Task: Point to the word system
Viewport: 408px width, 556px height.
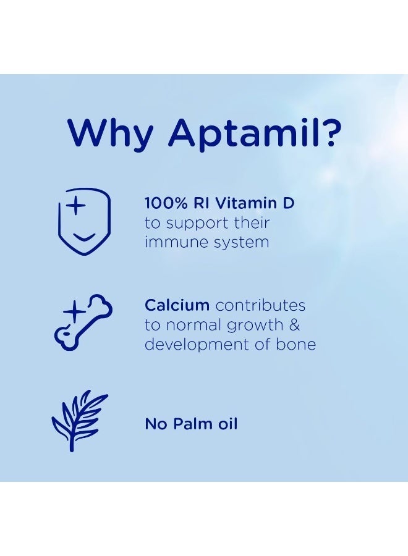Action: (x=239, y=243)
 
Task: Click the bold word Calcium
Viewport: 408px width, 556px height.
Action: (x=177, y=305)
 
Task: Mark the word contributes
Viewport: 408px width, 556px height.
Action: (x=261, y=305)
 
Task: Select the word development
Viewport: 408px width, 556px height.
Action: (x=190, y=345)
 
